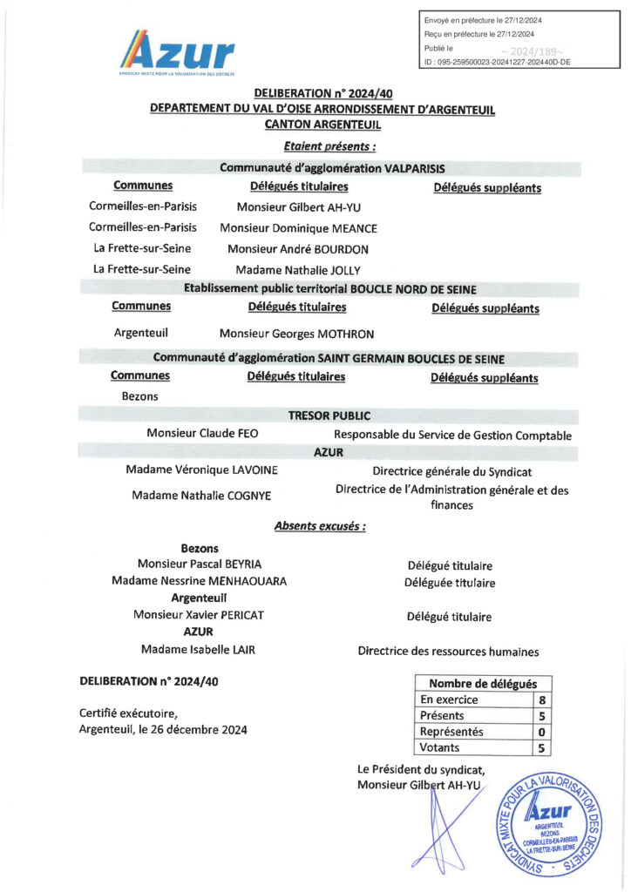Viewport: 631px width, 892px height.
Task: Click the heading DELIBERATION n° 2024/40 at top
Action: (317, 93)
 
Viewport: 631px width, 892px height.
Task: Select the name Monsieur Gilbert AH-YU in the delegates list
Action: (299, 207)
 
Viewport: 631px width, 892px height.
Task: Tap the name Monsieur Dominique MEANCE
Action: (299, 228)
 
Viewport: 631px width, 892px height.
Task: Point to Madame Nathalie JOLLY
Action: (298, 270)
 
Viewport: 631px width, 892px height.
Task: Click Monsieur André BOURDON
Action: (298, 249)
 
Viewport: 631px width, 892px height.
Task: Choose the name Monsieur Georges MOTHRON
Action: (296, 334)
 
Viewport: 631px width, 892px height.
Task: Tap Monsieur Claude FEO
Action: (202, 434)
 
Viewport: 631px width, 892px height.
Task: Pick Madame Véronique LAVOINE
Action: (201, 470)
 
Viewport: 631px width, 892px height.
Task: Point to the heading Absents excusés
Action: (319, 526)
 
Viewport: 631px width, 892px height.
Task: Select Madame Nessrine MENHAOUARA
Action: (199, 581)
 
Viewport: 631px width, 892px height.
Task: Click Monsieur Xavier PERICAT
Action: (199, 615)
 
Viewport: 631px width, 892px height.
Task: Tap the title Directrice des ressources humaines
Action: (448, 652)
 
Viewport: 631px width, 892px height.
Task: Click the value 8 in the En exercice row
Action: (542, 699)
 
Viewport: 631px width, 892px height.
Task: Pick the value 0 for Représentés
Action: (542, 732)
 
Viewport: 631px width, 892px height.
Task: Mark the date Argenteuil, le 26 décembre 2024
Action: (163, 730)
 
